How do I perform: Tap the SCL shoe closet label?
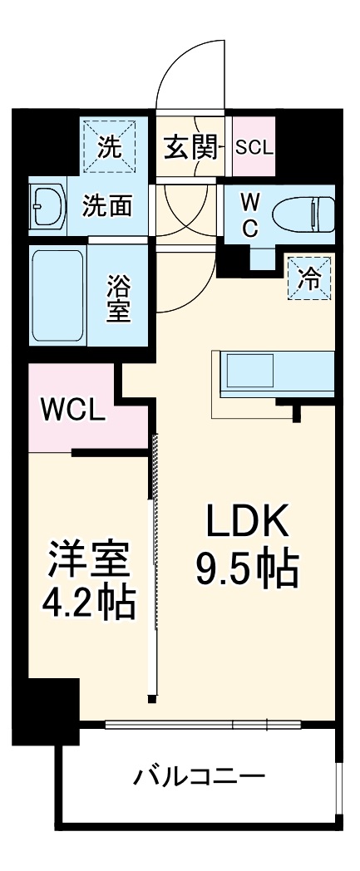pos(254,149)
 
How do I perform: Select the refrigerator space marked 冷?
pos(308,278)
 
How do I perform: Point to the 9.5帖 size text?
pos(247,568)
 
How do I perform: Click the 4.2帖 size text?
pos(89,604)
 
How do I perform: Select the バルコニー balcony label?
pos(200,779)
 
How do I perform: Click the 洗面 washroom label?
pos(106,205)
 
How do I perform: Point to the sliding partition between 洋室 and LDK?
pos(151,565)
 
